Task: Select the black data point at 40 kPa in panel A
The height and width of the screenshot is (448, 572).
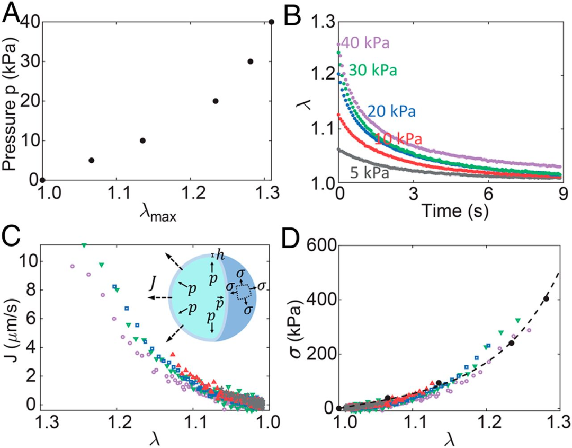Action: (x=272, y=22)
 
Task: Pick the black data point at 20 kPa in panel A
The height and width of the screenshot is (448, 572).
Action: (x=216, y=101)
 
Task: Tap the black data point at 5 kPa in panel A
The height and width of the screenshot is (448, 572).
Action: (x=91, y=160)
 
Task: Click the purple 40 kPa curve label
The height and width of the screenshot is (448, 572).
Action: (x=365, y=43)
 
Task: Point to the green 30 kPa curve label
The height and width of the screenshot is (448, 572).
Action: (x=374, y=69)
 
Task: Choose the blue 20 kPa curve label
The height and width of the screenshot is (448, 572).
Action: (x=391, y=111)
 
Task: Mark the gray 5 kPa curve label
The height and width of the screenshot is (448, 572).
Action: (x=370, y=172)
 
